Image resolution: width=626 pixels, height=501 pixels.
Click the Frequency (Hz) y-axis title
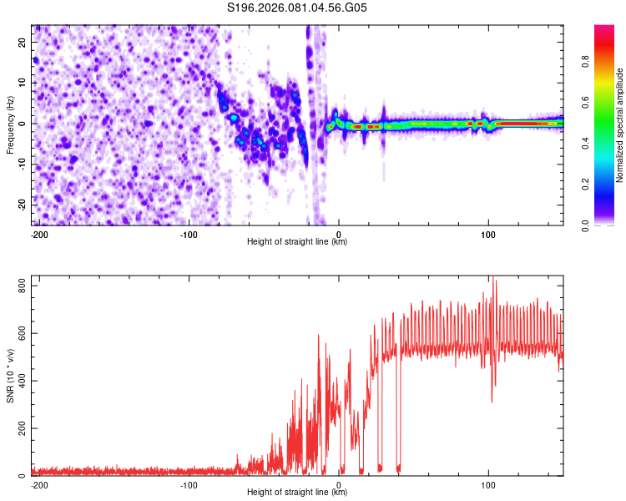coord(10,124)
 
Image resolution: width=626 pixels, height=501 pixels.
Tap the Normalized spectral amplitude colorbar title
coord(620,124)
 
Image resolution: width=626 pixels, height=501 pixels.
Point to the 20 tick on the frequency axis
coord(23,42)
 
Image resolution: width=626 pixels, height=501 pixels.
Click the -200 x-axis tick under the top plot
coord(38,233)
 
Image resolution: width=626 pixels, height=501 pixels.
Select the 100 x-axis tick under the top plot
coord(488,233)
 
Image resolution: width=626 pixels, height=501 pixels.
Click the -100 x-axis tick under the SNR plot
coord(189,484)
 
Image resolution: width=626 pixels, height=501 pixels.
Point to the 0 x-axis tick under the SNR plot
coord(339,484)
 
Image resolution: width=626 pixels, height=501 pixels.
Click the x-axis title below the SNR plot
coord(297,493)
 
